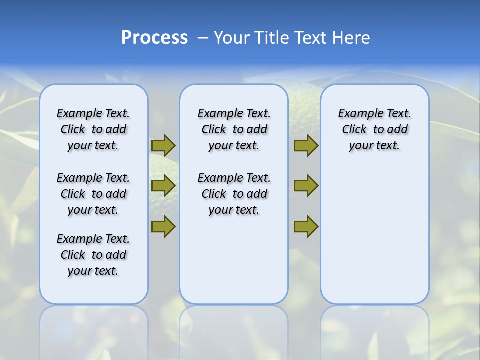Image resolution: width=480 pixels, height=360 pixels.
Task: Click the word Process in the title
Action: [154, 38]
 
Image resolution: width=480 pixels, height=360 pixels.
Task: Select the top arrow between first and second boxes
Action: [163, 145]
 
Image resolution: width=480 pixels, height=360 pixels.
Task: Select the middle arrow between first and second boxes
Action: [163, 186]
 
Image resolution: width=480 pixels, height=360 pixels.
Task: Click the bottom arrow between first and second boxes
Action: [163, 226]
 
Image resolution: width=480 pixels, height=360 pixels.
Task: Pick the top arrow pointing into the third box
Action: [306, 145]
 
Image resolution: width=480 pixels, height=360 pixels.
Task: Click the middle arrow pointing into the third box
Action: [306, 186]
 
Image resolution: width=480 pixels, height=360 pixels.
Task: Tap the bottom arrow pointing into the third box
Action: [306, 226]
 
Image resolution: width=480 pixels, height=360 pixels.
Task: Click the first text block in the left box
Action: [93, 129]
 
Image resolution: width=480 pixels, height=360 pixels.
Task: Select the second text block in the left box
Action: [93, 194]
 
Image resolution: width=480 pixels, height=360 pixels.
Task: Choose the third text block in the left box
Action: [93, 255]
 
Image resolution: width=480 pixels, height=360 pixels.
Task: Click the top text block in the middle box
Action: [234, 129]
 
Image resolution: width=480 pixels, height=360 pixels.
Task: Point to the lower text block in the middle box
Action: [234, 194]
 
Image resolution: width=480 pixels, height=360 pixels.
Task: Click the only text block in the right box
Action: [374, 129]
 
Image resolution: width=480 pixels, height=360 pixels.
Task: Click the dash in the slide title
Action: [203, 38]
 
